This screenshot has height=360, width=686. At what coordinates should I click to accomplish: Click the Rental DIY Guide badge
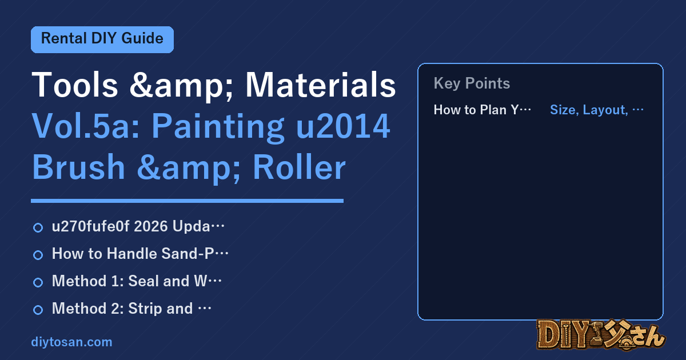[x=102, y=39]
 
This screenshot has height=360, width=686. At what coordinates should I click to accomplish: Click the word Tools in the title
[x=75, y=85]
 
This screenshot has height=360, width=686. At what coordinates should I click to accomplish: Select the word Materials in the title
[x=321, y=85]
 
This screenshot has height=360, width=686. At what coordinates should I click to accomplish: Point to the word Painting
[x=218, y=127]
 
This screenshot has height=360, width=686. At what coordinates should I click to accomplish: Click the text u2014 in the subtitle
[x=343, y=126]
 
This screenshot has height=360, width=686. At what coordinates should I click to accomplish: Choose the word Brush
[x=78, y=167]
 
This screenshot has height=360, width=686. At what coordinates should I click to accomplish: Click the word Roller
[x=299, y=167]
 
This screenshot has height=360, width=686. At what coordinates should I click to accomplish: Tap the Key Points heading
[x=472, y=83]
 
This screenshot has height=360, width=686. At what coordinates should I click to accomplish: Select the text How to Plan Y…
[x=482, y=110]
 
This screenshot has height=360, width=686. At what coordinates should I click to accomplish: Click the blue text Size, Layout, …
[x=597, y=110]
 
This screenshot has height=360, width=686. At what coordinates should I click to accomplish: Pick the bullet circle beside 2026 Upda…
[x=38, y=228]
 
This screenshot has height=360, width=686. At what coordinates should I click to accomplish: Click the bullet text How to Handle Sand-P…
[x=140, y=254]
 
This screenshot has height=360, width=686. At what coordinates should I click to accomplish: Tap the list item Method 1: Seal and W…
[x=137, y=281]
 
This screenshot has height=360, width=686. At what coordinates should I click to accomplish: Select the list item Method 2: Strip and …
[x=131, y=308]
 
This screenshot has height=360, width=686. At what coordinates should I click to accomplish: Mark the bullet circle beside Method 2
[x=38, y=310]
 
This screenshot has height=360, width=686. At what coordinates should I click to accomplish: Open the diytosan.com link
[x=71, y=342]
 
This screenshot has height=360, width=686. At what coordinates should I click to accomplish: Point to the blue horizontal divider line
[x=187, y=201]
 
